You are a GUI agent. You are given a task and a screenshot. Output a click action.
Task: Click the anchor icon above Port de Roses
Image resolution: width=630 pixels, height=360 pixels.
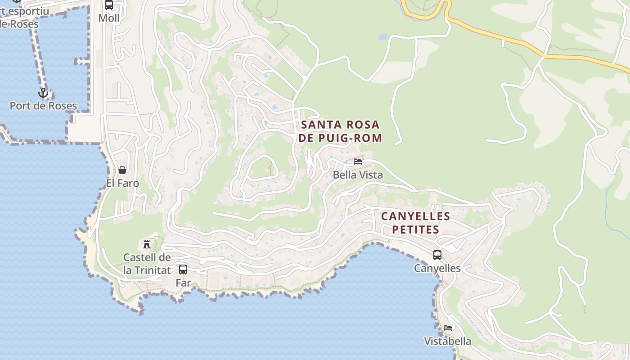(x=43, y=93)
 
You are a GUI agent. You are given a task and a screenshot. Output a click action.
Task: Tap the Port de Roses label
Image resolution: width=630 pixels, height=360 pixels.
(x=43, y=106)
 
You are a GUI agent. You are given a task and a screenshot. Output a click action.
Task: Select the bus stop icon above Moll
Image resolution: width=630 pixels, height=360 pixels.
(x=109, y=5)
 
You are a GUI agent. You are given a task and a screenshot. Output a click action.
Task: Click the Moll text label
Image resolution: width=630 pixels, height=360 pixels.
(x=109, y=18)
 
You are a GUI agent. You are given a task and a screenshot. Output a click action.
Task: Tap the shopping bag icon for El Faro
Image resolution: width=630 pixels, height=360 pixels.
(x=122, y=170)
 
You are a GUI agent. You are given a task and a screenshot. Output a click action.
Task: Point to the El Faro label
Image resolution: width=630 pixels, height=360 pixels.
(x=122, y=184)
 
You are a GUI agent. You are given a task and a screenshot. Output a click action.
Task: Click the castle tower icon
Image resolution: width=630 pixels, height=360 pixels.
(x=147, y=244)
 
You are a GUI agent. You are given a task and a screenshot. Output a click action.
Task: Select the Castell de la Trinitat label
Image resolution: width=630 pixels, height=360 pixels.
(x=147, y=264)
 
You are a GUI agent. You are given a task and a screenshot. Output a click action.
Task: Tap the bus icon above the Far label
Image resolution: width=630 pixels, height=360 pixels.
(x=183, y=270)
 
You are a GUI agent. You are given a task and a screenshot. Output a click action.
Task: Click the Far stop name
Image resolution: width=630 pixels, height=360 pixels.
(x=183, y=283)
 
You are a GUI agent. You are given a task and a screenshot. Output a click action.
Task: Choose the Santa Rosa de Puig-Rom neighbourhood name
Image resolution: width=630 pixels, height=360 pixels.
(x=340, y=131)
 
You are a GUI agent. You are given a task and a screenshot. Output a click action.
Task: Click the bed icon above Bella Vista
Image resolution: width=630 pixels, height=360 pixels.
(x=358, y=161)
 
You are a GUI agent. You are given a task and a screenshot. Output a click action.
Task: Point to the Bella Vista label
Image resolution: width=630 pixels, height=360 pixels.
(x=358, y=175)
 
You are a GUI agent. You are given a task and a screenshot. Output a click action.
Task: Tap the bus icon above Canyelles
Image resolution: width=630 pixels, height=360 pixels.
(x=437, y=255)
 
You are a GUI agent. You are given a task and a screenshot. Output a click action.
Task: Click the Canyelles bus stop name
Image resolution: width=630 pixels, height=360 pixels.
(x=437, y=269)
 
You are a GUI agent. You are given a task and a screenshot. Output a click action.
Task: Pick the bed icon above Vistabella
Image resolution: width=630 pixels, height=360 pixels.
(x=447, y=328)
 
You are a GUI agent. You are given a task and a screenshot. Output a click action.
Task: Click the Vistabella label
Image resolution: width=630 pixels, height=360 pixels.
(x=447, y=342)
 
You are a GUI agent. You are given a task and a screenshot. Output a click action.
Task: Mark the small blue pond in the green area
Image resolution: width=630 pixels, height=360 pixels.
(x=382, y=37)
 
